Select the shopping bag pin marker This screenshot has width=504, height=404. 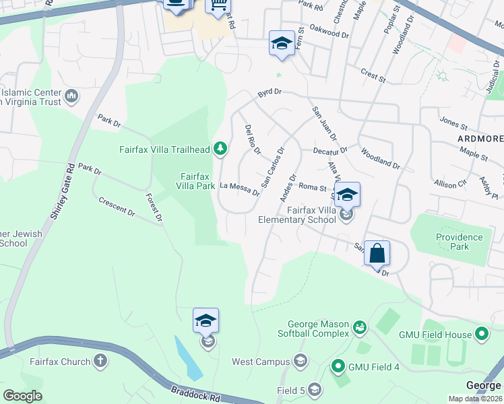click(377, 254)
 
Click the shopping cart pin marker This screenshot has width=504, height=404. click(218, 5)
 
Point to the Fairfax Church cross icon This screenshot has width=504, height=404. click(100, 362)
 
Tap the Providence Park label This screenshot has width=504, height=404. click(459, 242)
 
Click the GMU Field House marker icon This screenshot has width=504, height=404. click(481, 333)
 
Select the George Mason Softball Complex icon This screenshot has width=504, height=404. click(360, 328)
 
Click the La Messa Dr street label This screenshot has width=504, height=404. click(240, 189)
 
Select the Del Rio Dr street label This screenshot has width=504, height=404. click(253, 139)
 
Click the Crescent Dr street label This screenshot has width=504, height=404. click(116, 206)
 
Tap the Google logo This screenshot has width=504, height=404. click(22, 396)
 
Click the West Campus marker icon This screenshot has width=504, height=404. click(300, 362)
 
